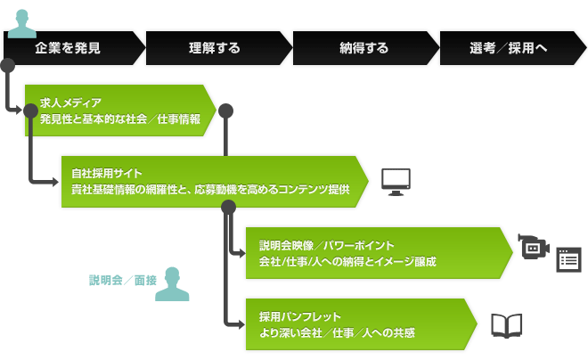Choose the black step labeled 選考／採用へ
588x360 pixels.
tap(513, 48)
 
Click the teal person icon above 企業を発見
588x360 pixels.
tap(22, 24)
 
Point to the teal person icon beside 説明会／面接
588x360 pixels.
tap(172, 284)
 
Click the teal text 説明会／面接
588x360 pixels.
tap(123, 280)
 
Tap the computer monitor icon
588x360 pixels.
tap(396, 183)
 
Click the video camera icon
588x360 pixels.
tap(534, 246)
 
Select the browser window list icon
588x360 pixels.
tap(569, 260)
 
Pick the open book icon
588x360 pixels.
tap(507, 326)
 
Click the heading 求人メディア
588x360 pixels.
tap(70, 102)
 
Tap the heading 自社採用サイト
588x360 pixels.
tap(107, 173)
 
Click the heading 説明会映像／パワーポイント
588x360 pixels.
tap(327, 246)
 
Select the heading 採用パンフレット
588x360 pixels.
tap(300, 317)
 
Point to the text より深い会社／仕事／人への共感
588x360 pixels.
tap(337, 333)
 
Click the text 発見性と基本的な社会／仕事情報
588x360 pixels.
tap(120, 119)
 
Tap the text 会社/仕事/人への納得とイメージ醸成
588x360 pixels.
tap(347, 262)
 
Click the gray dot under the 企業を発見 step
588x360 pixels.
tap(7, 65)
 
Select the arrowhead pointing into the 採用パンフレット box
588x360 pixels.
tap(241, 324)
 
